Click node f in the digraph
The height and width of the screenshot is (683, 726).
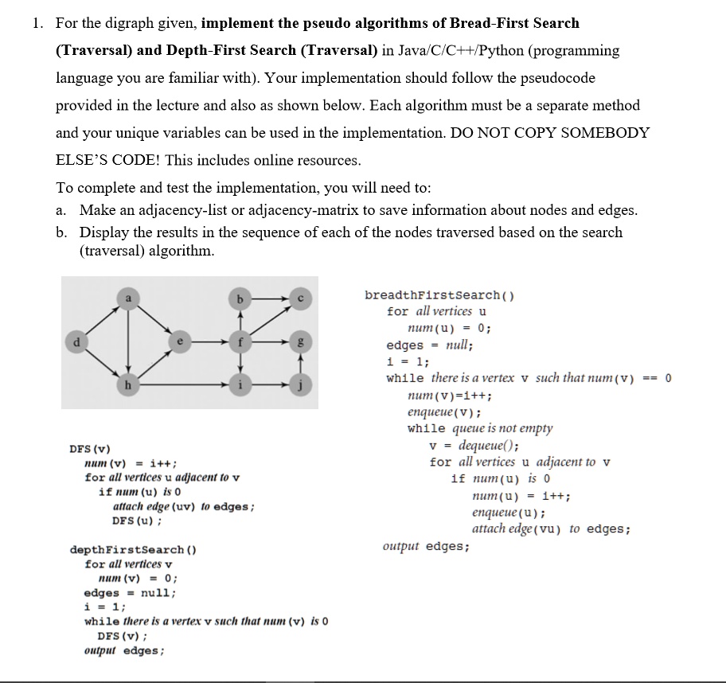(x=238, y=342)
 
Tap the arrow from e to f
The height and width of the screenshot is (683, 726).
(x=209, y=342)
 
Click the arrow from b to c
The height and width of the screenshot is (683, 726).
(x=267, y=297)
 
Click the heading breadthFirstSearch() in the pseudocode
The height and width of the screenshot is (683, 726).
(x=439, y=295)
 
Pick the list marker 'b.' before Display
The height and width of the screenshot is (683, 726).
(x=62, y=232)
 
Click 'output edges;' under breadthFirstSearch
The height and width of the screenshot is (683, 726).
(x=426, y=546)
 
